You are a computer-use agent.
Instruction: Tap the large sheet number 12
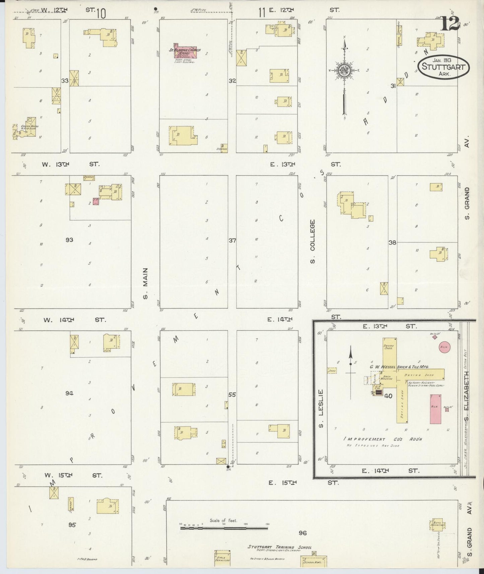click(450, 23)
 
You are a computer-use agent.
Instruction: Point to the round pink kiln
click(444, 347)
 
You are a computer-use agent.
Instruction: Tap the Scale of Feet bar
click(224, 528)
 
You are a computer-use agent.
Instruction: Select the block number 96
click(302, 533)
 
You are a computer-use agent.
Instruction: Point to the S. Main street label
click(145, 282)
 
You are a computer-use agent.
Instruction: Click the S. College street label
click(313, 241)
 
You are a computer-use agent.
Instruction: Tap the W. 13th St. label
click(70, 164)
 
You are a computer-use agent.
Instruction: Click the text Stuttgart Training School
click(279, 547)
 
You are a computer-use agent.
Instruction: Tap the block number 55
click(232, 395)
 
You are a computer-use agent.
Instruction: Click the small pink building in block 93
click(96, 201)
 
